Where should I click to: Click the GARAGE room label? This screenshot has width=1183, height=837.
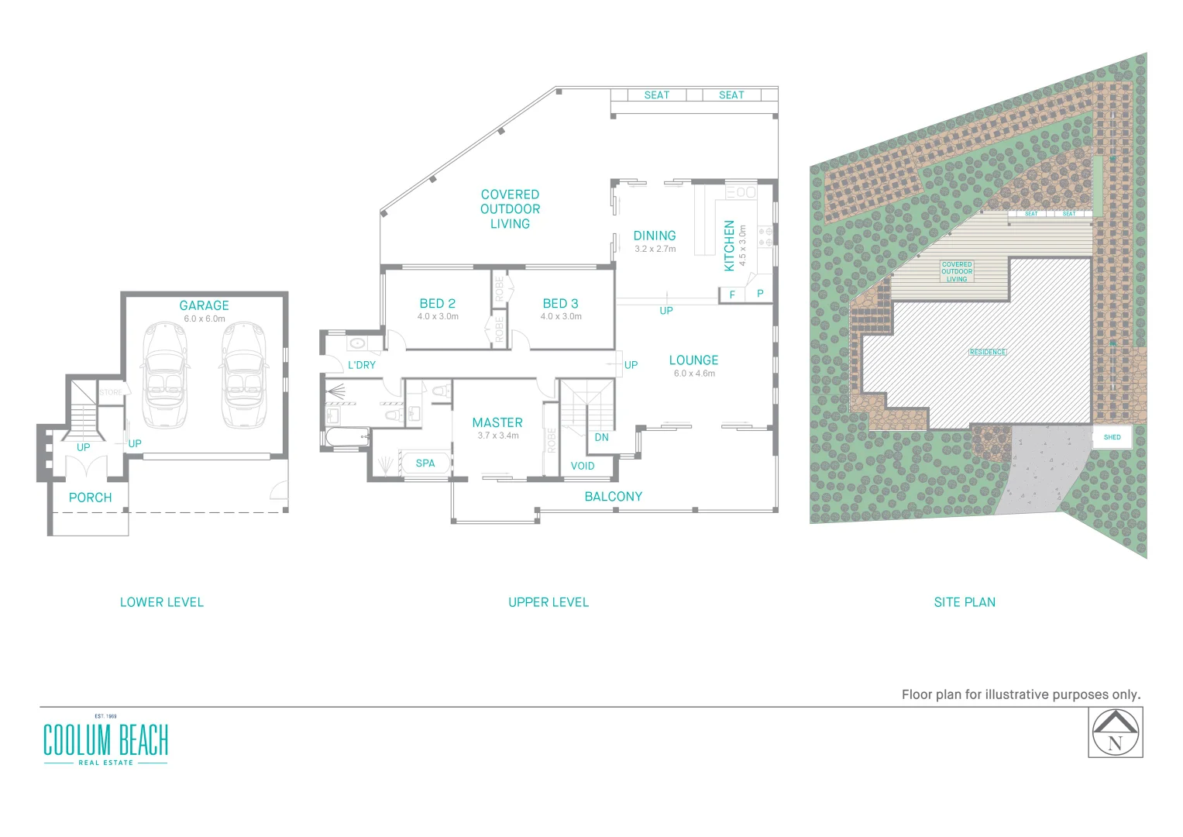(204, 305)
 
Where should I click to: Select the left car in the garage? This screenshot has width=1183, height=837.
(164, 375)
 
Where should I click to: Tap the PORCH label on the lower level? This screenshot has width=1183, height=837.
(90, 498)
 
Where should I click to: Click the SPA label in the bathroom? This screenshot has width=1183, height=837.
(425, 463)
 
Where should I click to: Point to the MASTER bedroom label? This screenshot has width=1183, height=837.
(497, 422)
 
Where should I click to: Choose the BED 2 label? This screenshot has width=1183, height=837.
(438, 304)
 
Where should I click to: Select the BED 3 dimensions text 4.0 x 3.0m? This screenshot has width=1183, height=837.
(561, 316)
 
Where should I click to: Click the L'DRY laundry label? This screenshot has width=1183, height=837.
(362, 365)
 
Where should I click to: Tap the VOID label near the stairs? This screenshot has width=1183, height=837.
(583, 466)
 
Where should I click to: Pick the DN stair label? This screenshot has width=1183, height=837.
(602, 437)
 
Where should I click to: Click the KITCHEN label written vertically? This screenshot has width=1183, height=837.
(729, 246)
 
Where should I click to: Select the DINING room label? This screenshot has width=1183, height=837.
(655, 236)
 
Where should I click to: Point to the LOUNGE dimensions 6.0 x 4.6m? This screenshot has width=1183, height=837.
(694, 374)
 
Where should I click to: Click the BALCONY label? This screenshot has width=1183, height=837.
(614, 497)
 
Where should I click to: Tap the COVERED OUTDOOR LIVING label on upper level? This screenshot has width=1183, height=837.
(510, 209)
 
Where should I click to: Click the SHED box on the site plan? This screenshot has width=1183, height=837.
(1112, 437)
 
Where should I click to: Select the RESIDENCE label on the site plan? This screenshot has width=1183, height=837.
(988, 352)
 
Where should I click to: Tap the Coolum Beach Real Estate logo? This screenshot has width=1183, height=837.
(105, 741)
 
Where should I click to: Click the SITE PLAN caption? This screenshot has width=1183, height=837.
(965, 602)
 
